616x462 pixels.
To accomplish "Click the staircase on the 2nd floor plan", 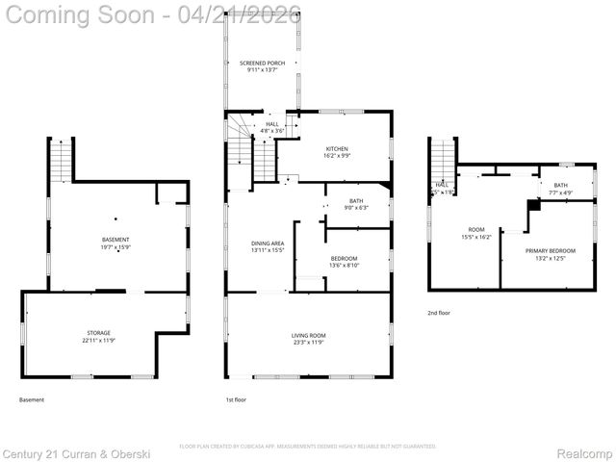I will tap(442, 158).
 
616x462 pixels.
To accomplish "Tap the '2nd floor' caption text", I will tap(439, 313).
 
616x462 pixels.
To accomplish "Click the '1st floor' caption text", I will tap(236, 399).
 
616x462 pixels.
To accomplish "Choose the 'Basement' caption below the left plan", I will tap(32, 399).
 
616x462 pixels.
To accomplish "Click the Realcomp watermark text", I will tap(585, 452).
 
